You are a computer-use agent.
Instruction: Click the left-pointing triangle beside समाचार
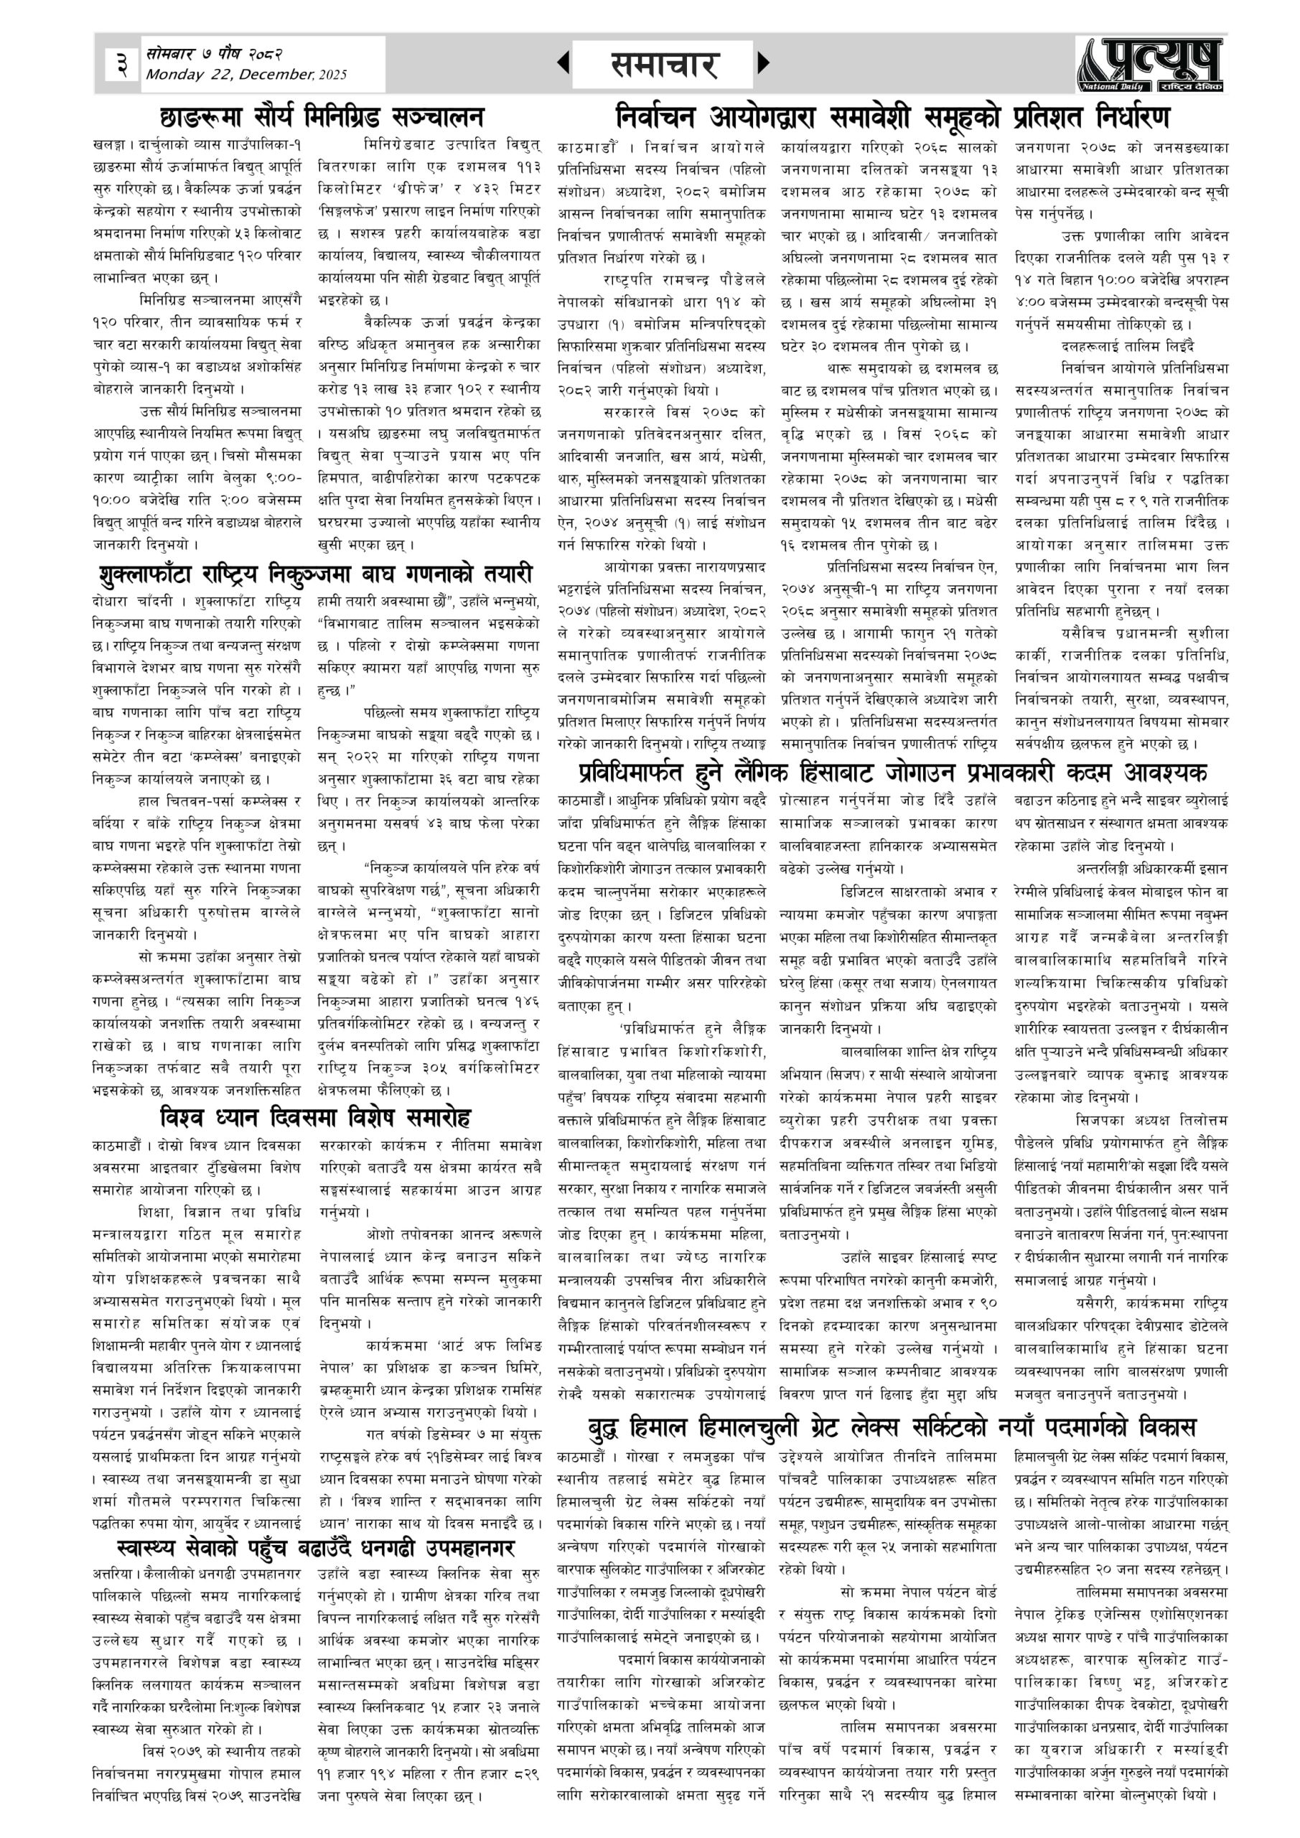point(564,62)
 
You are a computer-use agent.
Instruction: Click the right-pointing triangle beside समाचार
point(763,62)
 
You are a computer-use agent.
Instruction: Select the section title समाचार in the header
point(663,64)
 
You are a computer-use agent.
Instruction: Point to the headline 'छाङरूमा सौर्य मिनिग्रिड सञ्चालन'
point(321,117)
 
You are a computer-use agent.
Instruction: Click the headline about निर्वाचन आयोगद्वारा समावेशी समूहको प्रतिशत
point(892,117)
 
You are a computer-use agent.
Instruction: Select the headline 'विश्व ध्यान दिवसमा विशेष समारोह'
point(315,1116)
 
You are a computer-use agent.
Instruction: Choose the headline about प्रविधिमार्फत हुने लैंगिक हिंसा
point(892,773)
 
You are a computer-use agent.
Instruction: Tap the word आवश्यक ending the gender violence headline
point(1161,773)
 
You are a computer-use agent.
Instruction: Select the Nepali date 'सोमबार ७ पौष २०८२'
point(214,55)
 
